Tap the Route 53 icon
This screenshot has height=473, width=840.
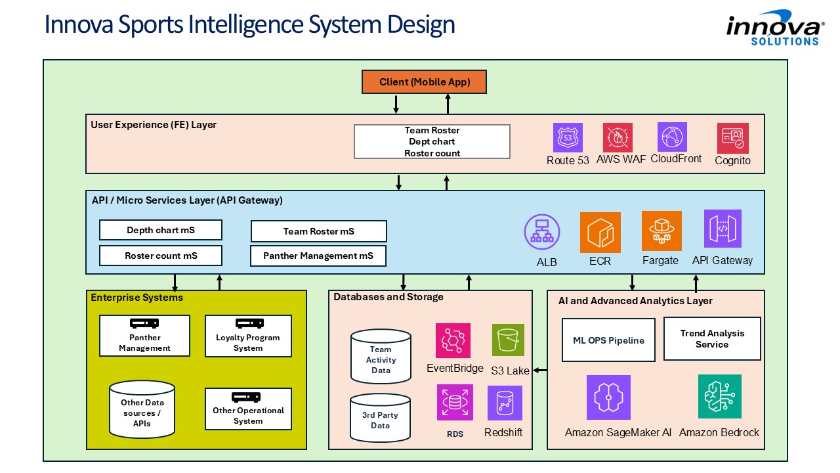[x=568, y=138]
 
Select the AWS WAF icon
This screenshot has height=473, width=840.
[x=618, y=138]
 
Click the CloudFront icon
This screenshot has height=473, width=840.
[x=673, y=137]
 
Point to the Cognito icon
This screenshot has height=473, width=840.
[x=732, y=138]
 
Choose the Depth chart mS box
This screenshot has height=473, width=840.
[x=161, y=230]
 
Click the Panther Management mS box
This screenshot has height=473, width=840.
[x=318, y=256]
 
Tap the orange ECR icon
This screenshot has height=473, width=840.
[x=600, y=232]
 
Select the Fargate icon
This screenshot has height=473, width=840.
[x=661, y=231]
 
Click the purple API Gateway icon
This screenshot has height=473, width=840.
[x=723, y=229]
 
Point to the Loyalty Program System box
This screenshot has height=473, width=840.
[x=248, y=336]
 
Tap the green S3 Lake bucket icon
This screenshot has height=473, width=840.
[x=508, y=340]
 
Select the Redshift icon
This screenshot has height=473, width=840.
[x=505, y=403]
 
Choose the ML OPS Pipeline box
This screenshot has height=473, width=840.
[x=608, y=340]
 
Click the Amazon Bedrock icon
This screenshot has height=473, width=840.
[x=719, y=396]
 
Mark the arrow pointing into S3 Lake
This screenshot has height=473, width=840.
[x=540, y=371]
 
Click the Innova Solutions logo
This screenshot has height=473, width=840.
[x=775, y=28]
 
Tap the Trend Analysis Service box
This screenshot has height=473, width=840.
[x=712, y=338]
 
